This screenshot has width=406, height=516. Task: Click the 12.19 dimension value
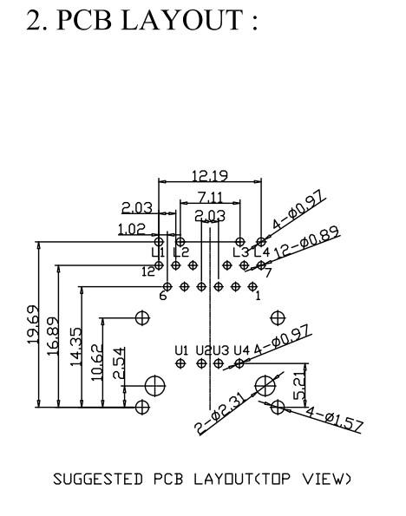pyautogui.click(x=210, y=175)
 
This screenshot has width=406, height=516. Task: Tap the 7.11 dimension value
pyautogui.click(x=210, y=198)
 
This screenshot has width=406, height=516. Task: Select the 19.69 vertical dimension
pyautogui.click(x=33, y=325)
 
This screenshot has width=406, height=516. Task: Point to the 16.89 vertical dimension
pyautogui.click(x=53, y=336)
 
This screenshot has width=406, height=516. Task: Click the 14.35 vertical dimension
pyautogui.click(x=75, y=346)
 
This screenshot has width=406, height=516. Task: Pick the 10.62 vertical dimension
pyautogui.click(x=97, y=363)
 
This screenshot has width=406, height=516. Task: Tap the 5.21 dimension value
pyautogui.click(x=299, y=386)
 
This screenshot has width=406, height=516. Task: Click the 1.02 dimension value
pyautogui.click(x=131, y=229)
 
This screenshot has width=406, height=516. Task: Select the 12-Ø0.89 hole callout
pyautogui.click(x=306, y=243)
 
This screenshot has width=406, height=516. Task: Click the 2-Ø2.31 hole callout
pyautogui.click(x=220, y=415)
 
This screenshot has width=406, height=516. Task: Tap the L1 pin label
pyautogui.click(x=158, y=252)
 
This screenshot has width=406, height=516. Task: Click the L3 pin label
pyautogui.click(x=240, y=252)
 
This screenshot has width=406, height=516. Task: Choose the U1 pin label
pyautogui.click(x=181, y=350)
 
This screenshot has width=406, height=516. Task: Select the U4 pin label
pyautogui.click(x=242, y=350)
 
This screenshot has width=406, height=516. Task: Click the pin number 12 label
pyautogui.click(x=148, y=271)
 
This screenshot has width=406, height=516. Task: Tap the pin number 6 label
pyautogui.click(x=163, y=296)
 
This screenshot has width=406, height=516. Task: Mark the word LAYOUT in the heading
pyautogui.click(x=182, y=20)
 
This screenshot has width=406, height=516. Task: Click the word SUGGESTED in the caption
pyautogui.click(x=98, y=479)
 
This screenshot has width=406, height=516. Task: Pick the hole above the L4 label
pyautogui.click(x=261, y=242)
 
